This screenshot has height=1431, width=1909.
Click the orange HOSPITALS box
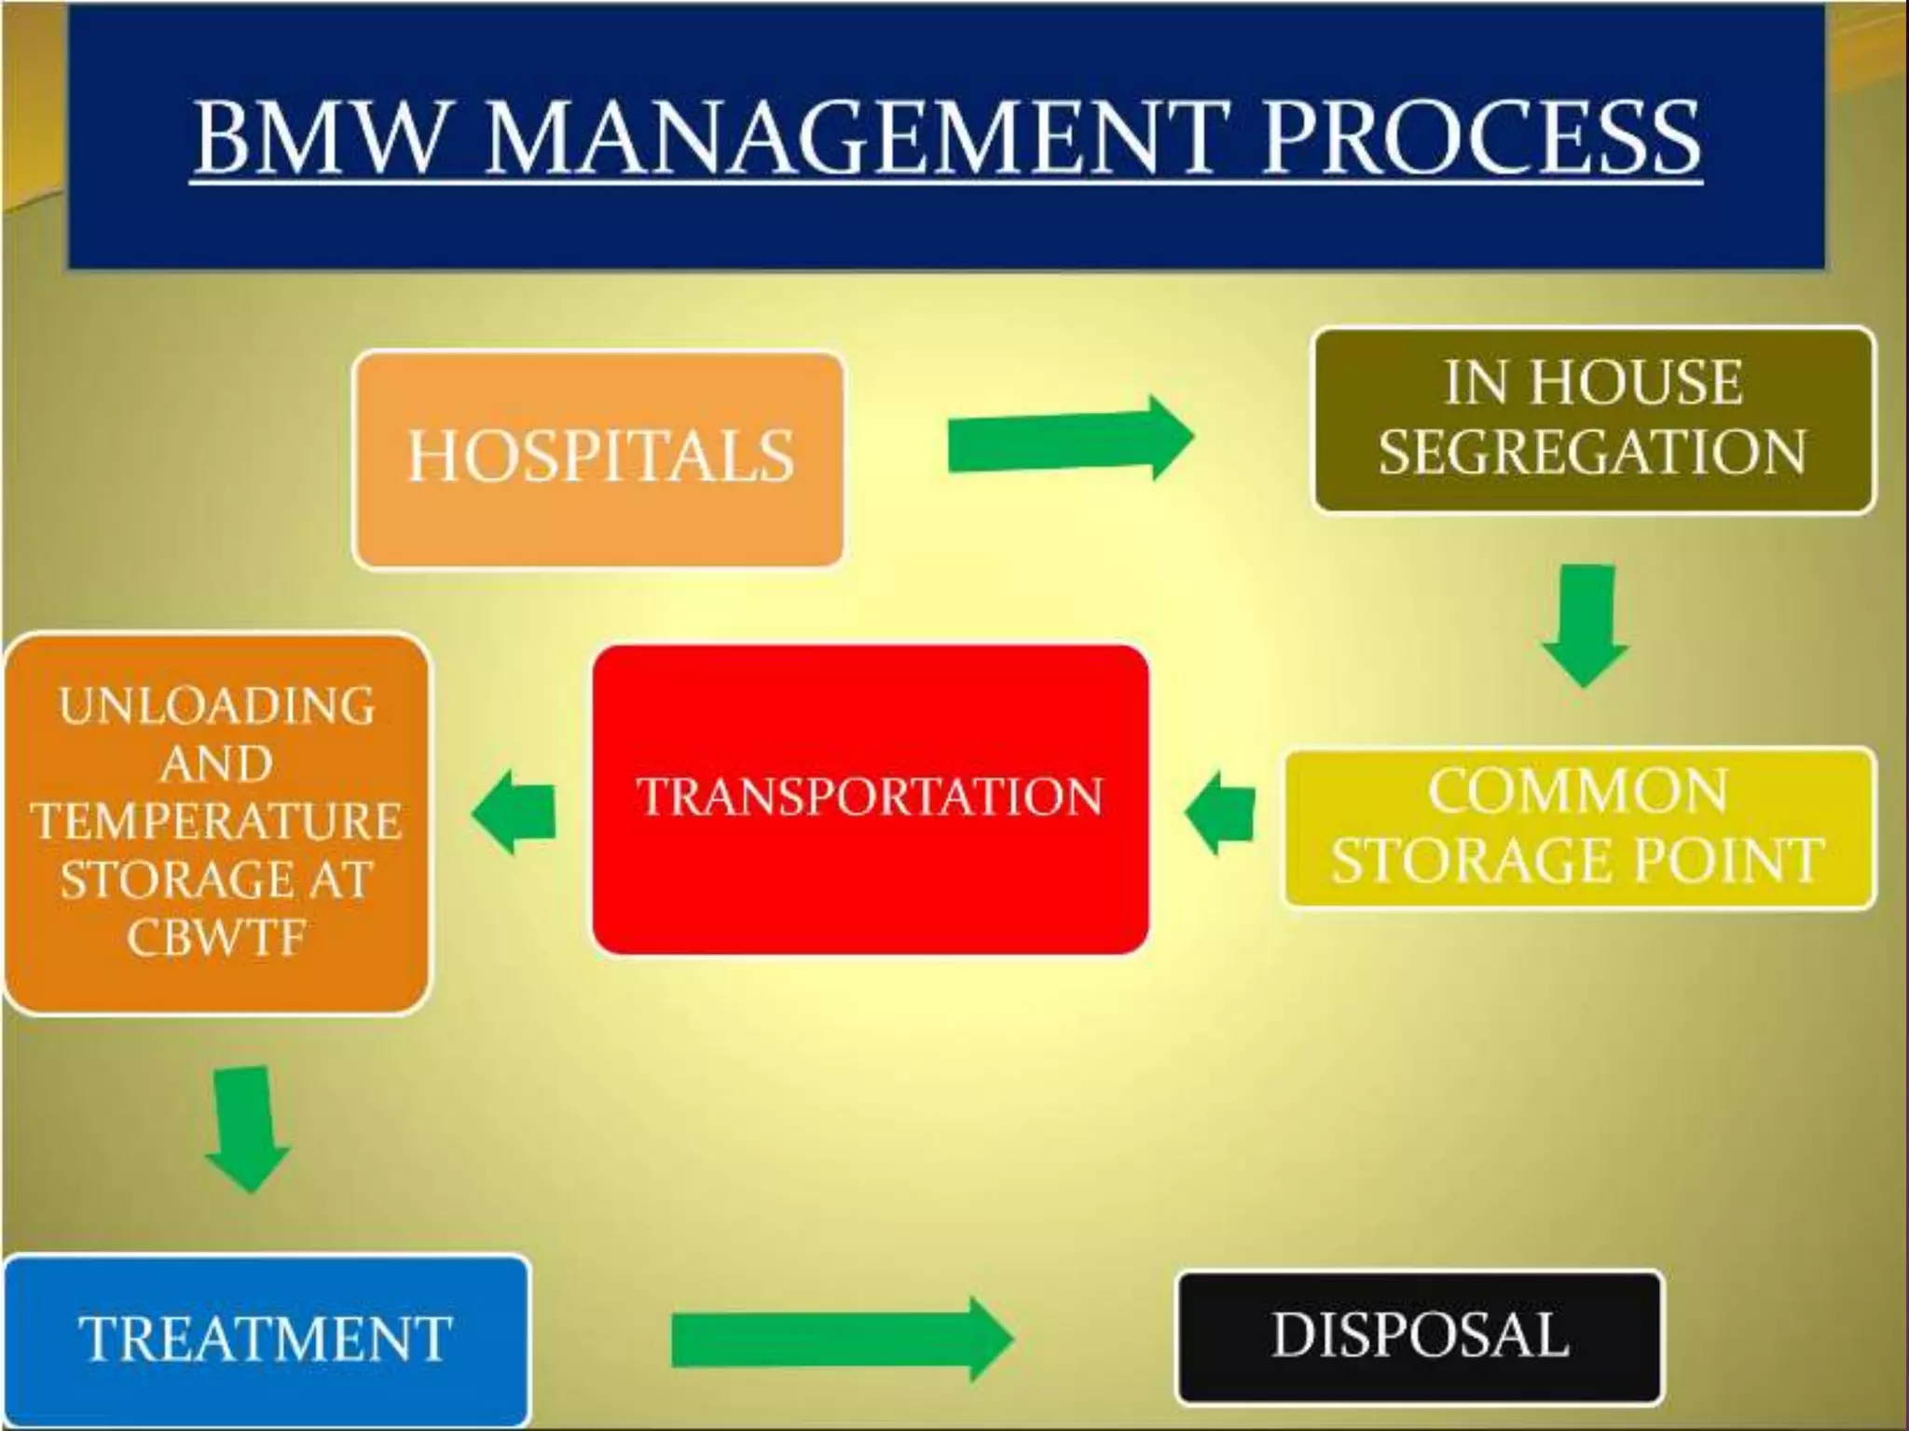tap(599, 458)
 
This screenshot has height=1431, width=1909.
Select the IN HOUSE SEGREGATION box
tap(1593, 419)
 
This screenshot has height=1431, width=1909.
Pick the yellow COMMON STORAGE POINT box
tap(1578, 827)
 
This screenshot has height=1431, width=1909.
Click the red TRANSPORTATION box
tap(870, 799)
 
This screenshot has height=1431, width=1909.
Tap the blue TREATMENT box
tap(266, 1339)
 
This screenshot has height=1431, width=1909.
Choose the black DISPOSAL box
tap(1419, 1336)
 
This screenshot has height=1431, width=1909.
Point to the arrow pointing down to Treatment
tap(246, 1128)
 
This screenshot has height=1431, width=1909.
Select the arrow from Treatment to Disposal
tap(840, 1339)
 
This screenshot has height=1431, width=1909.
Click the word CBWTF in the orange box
tap(216, 936)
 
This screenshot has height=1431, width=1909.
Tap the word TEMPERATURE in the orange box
tap(216, 821)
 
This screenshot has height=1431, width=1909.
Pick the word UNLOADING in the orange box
tap(216, 705)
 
